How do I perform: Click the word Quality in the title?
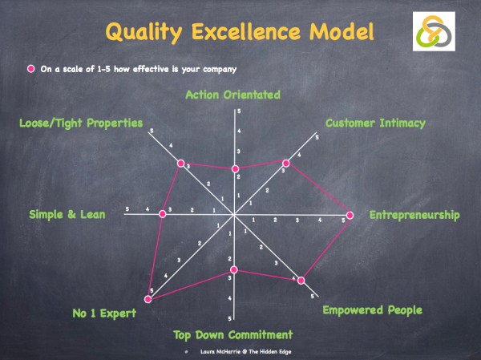147,32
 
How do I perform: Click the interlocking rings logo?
437,34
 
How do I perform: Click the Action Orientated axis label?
232,95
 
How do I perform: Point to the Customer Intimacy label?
375,123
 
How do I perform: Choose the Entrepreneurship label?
414,215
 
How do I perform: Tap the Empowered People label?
371,309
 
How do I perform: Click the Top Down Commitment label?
232,334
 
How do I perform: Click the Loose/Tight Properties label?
81,123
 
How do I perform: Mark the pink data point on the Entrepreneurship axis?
350,215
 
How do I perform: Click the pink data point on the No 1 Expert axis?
148,299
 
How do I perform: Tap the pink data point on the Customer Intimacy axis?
286,163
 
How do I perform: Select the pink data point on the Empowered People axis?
301,280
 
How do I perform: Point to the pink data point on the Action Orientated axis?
235,169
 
